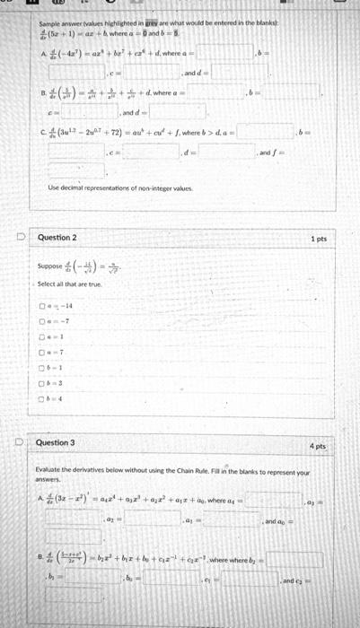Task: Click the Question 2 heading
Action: (x=57, y=238)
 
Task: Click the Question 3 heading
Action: (x=57, y=443)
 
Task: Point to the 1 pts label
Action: (x=317, y=239)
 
